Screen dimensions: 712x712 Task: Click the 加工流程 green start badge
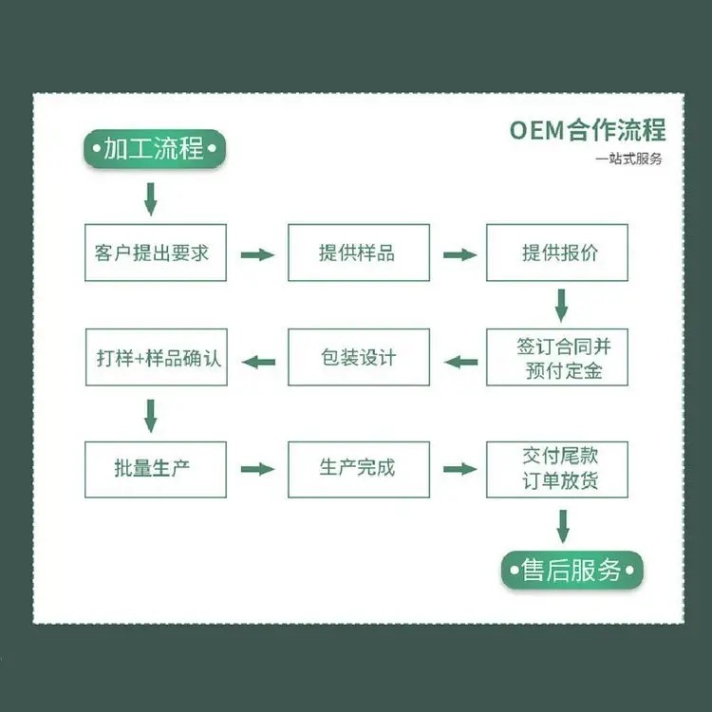(154, 149)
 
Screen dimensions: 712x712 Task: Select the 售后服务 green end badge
(571, 570)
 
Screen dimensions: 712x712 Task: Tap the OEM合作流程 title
(587, 128)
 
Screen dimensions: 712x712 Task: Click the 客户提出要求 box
(156, 253)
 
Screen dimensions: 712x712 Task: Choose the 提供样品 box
(358, 253)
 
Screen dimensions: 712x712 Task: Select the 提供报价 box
(557, 253)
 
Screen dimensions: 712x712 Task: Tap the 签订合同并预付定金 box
(557, 357)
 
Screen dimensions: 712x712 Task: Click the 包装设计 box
(358, 357)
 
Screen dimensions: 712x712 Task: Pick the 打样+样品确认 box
(156, 357)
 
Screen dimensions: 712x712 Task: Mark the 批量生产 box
(156, 469)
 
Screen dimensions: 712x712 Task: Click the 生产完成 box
(358, 469)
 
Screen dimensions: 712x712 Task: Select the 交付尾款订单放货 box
(557, 469)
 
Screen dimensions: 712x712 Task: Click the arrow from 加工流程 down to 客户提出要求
(150, 198)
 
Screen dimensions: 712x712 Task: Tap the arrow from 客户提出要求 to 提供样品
(257, 254)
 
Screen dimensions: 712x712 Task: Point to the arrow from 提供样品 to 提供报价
(459, 254)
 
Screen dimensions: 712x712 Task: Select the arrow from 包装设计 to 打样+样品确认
(258, 360)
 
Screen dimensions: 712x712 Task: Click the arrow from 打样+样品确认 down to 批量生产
(150, 414)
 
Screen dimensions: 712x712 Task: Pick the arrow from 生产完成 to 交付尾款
(459, 469)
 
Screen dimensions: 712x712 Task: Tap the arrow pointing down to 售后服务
(563, 525)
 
